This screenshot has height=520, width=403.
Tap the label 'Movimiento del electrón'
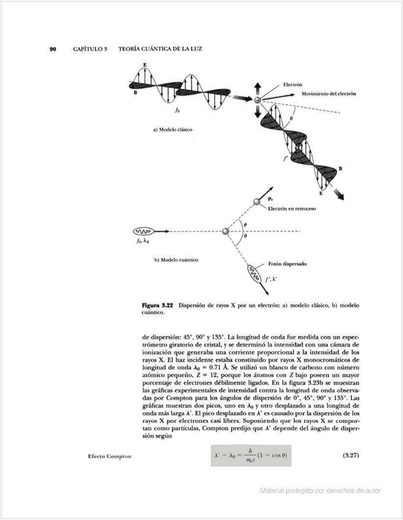pyautogui.click(x=328, y=94)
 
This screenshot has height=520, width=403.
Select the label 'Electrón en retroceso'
pyautogui.click(x=291, y=209)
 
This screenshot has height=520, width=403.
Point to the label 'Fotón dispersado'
pyautogui.click(x=287, y=263)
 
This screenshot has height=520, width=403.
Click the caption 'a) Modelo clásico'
pyautogui.click(x=172, y=130)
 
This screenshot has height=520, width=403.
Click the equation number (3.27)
pyautogui.click(x=350, y=455)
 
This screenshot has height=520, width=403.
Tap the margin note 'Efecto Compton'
pyautogui.click(x=109, y=456)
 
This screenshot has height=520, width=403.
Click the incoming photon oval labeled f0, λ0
pyautogui.click(x=144, y=231)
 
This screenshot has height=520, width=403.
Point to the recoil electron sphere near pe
pyautogui.click(x=257, y=202)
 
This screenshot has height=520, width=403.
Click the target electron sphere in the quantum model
pyautogui.click(x=226, y=231)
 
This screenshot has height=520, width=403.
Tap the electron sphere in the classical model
pyautogui.click(x=257, y=100)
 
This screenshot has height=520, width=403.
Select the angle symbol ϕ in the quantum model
pyautogui.click(x=245, y=224)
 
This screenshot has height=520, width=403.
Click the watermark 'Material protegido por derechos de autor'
pyautogui.click(x=321, y=490)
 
